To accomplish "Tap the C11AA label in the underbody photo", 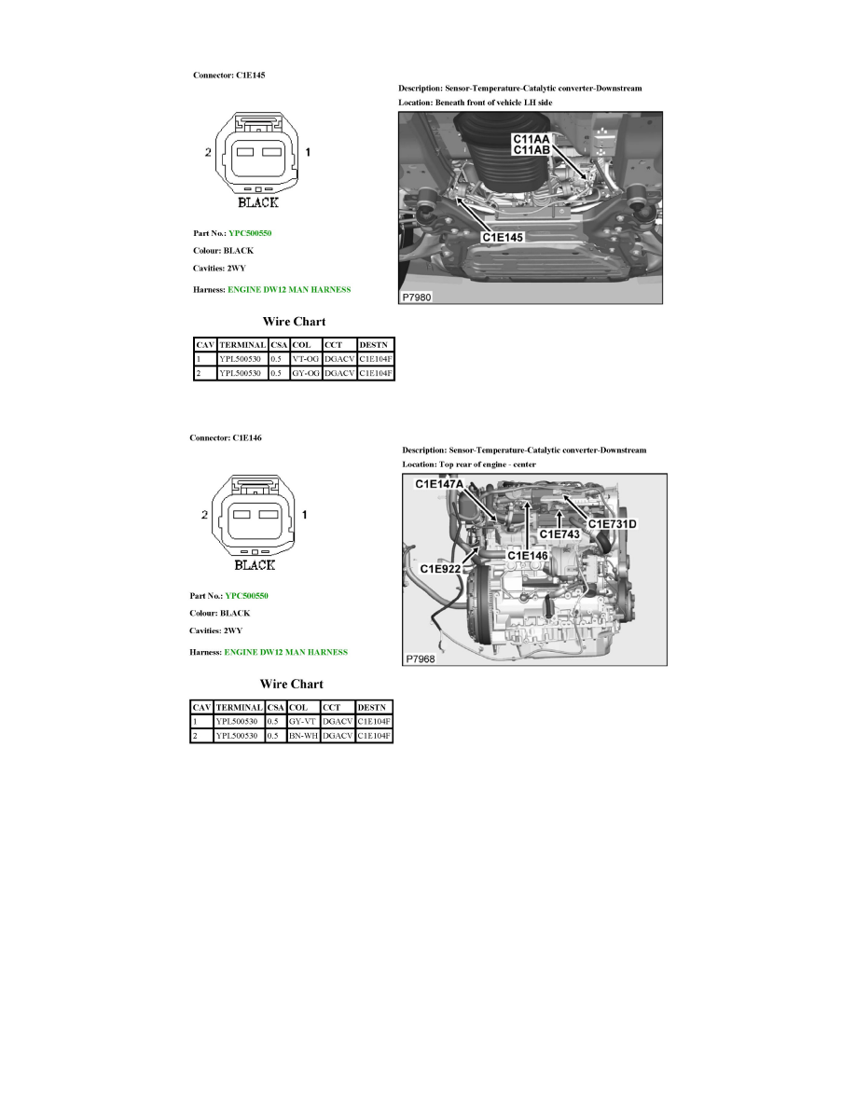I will tap(531, 138).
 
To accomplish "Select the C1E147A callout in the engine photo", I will tap(439, 484).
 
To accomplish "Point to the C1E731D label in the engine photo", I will tap(612, 523).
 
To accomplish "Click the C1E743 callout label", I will tap(559, 533).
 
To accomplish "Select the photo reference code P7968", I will tap(420, 658).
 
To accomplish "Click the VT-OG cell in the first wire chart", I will tap(304, 358).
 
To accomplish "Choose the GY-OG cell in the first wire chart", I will tap(305, 373).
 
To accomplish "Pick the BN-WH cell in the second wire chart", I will tap(304, 736).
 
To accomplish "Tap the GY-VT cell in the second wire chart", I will tap(303, 721).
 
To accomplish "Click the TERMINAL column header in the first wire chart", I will tap(242, 344).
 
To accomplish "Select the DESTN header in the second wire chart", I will tap(372, 707).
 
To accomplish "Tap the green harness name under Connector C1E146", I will tap(286, 652).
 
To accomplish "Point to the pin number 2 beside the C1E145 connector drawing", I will tap(208, 152).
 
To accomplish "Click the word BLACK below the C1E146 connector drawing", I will tap(254, 564).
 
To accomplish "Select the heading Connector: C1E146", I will tap(226, 437).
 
